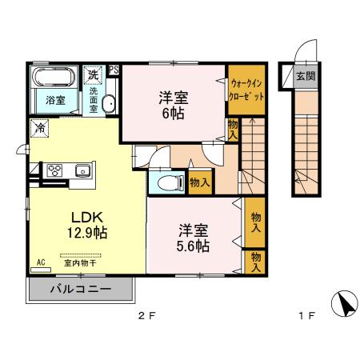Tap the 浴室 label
point(54,100)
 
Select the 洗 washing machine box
point(94,74)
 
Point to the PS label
point(114,69)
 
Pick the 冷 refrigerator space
point(39,127)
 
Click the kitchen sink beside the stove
point(82,169)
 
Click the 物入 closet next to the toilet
point(200,182)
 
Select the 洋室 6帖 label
point(173,106)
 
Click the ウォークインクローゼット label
point(245,88)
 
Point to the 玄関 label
point(305,77)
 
